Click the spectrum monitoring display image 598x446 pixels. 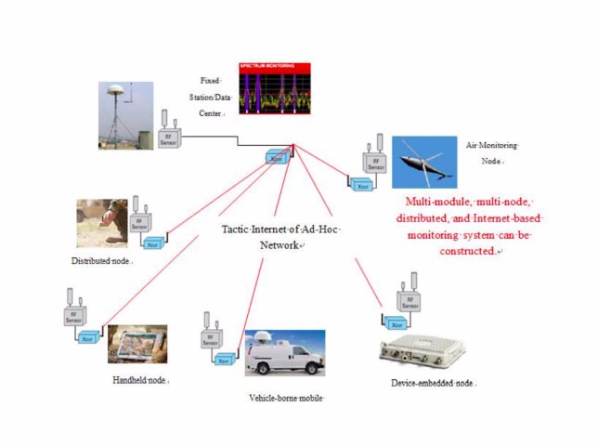tap(275, 87)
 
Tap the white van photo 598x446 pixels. tap(285, 354)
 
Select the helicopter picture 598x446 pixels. tap(423, 163)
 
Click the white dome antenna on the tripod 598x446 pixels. tap(118, 92)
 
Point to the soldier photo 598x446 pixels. tap(102, 223)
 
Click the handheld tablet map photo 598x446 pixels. tap(137, 344)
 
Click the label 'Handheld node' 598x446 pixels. tap(140, 380)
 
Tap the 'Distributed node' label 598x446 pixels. tap(101, 261)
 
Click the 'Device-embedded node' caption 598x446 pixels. tap(434, 382)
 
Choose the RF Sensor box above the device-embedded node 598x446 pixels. tap(407, 302)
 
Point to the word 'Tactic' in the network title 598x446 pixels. tap(240, 229)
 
